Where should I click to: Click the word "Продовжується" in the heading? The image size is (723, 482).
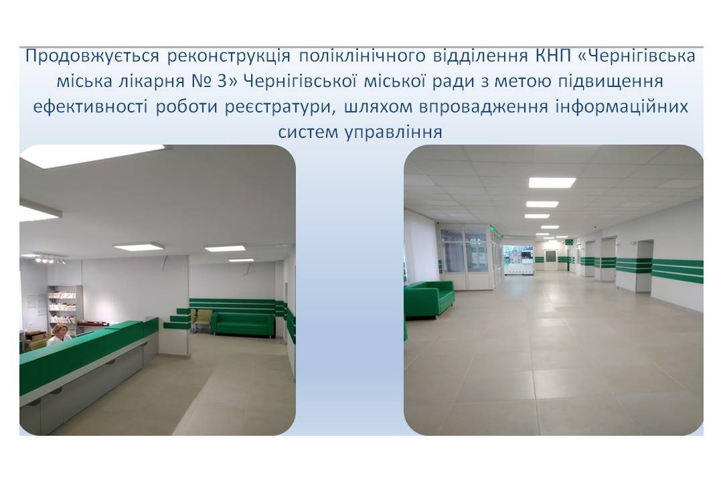coord(92,56)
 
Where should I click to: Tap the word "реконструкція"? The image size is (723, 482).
coord(229,56)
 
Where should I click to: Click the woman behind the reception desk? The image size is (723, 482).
coord(58,335)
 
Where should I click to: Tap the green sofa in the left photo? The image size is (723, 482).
coord(243,325)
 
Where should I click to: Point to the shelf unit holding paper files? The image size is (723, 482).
coord(65,305)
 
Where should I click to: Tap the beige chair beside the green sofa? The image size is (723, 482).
coord(202,320)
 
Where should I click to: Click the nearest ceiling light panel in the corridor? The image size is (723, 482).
coord(552,183)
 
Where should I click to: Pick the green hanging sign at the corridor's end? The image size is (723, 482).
coord(569,242)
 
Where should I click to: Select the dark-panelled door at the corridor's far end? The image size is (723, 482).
coord(550,260)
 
